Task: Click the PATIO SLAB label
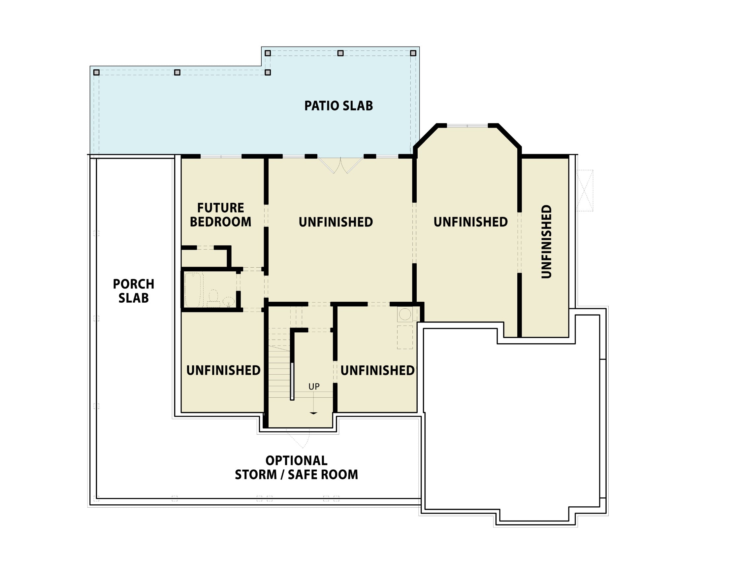[338, 106]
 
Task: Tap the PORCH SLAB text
[134, 291]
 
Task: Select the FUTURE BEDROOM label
[221, 215]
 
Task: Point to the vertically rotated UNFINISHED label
[546, 241]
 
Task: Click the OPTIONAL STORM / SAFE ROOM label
[296, 467]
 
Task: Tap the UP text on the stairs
[314, 386]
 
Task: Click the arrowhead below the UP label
[314, 413]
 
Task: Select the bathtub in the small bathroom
[193, 290]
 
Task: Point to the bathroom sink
[229, 301]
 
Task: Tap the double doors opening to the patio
[340, 165]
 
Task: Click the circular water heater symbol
[405, 314]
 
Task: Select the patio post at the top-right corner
[413, 53]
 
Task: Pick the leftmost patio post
[96, 72]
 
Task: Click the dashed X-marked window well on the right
[584, 190]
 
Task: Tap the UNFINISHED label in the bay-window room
[471, 222]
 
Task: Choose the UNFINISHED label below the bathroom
[223, 370]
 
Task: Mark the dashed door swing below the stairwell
[299, 439]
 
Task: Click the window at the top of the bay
[467, 126]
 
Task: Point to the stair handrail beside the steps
[292, 381]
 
